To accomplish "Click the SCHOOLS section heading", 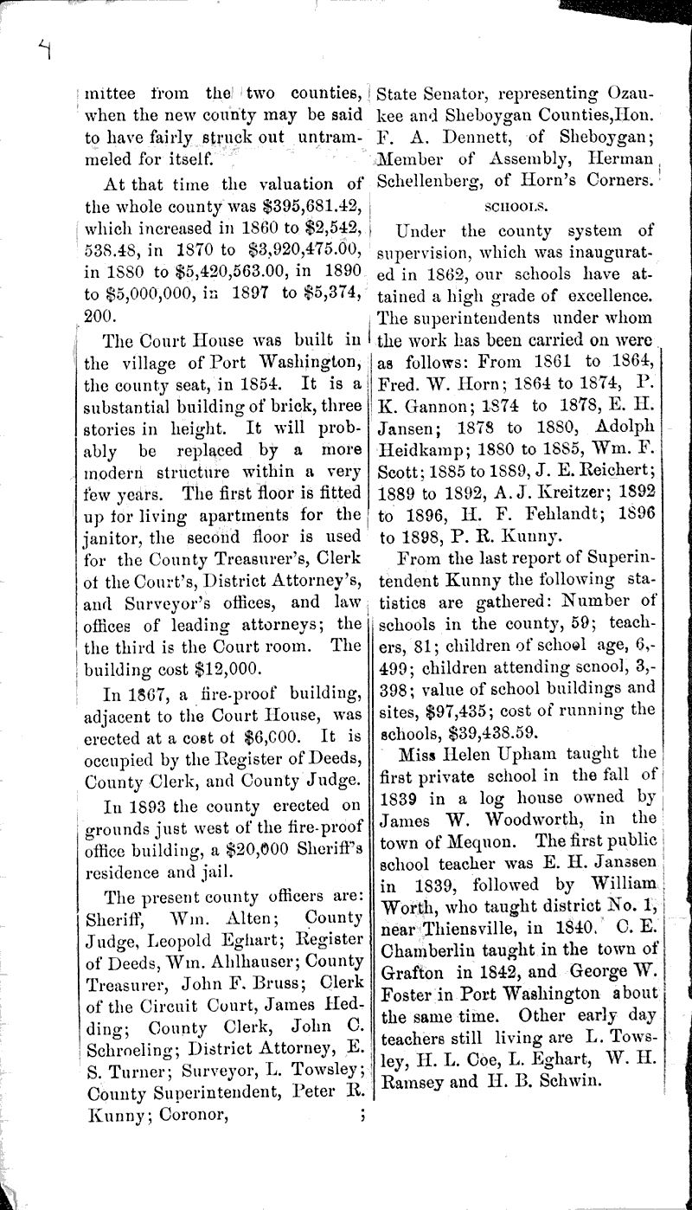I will pos(518,208).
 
